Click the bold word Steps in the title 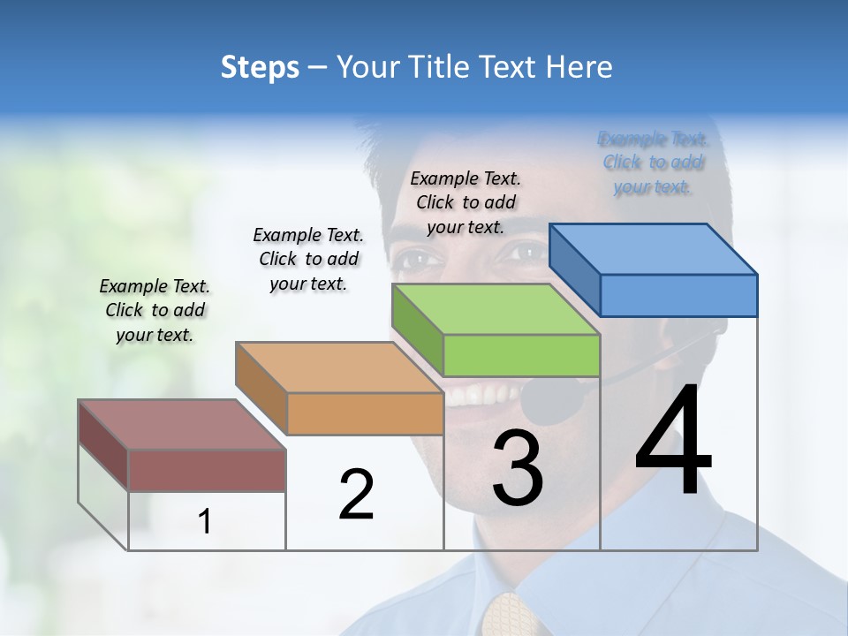260,67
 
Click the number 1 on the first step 205,522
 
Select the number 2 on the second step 356,494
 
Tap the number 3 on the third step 517,468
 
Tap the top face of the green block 495,309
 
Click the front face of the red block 207,470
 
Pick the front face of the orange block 365,413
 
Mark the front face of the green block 521,355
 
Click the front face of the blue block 678,295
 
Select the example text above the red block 155,311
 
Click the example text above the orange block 308,259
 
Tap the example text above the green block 466,202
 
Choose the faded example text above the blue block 653,163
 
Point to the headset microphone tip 552,402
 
